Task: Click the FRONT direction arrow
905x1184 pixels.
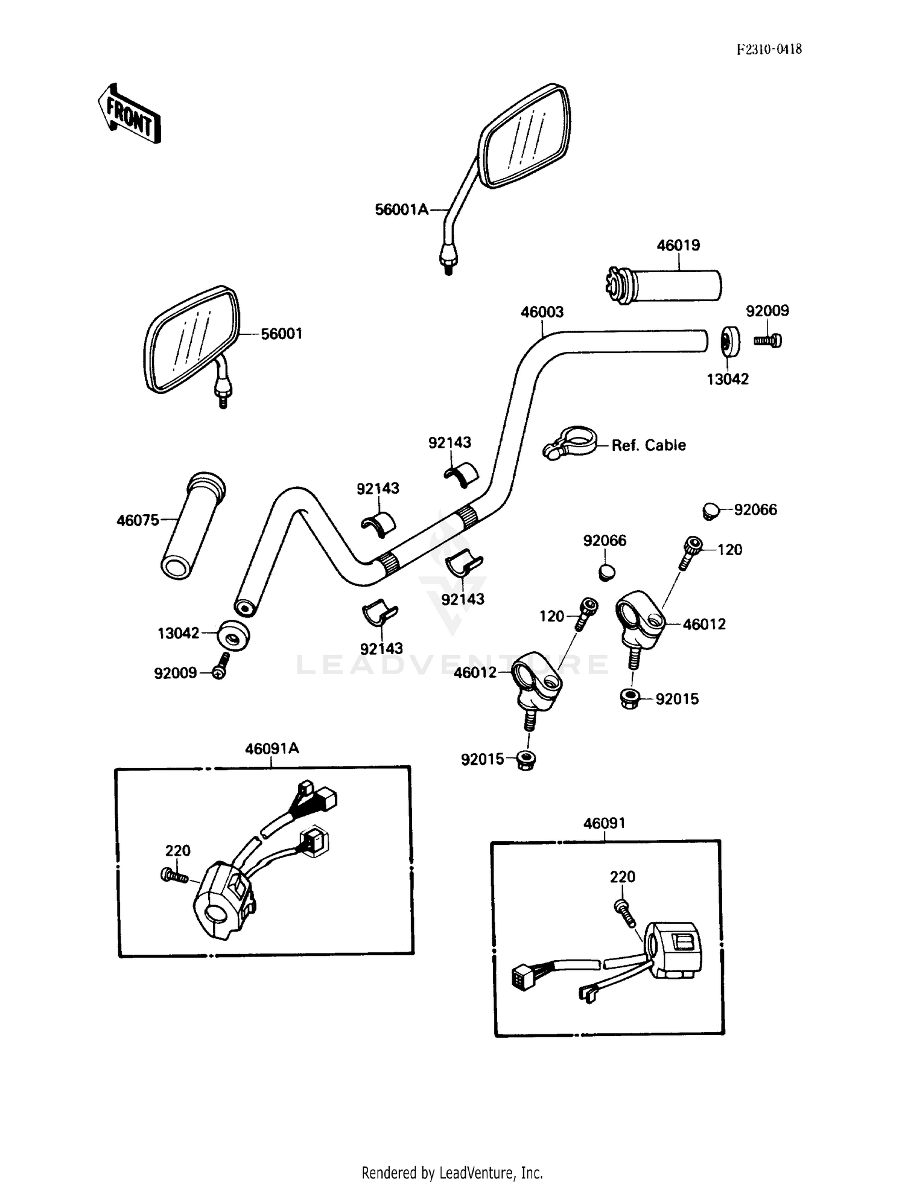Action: tap(129, 113)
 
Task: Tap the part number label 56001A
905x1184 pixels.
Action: tap(401, 209)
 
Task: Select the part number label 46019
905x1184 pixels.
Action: tap(678, 245)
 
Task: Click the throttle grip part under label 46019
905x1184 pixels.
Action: tap(670, 285)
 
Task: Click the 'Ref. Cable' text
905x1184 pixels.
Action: tap(649, 445)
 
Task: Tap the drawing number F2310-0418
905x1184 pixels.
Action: tap(769, 49)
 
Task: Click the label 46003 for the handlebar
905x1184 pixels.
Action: tap(542, 312)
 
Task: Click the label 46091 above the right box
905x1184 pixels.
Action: tap(604, 823)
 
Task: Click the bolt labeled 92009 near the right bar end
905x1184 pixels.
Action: tap(767, 341)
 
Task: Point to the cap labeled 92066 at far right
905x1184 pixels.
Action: tap(711, 511)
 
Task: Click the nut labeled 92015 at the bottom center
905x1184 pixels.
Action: tap(527, 760)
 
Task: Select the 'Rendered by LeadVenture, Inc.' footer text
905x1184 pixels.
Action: tap(452, 1173)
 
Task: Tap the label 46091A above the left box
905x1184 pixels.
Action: tap(271, 748)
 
